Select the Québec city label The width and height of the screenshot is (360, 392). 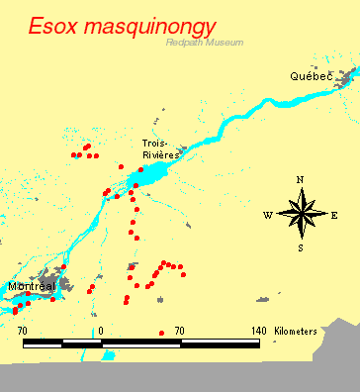click(x=311, y=76)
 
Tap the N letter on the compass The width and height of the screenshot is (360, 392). click(x=300, y=179)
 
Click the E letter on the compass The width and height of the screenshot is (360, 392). click(x=334, y=215)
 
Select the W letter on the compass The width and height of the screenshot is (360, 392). click(x=268, y=215)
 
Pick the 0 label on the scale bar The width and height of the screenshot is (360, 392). click(x=102, y=330)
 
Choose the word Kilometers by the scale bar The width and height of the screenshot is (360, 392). click(x=296, y=330)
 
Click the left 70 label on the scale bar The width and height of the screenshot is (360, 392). click(x=23, y=330)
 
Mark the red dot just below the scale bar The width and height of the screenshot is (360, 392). click(x=161, y=333)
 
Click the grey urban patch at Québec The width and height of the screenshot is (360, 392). click(x=345, y=76)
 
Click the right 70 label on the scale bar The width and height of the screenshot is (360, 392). click(x=179, y=330)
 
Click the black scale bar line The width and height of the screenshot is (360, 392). click(x=141, y=342)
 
